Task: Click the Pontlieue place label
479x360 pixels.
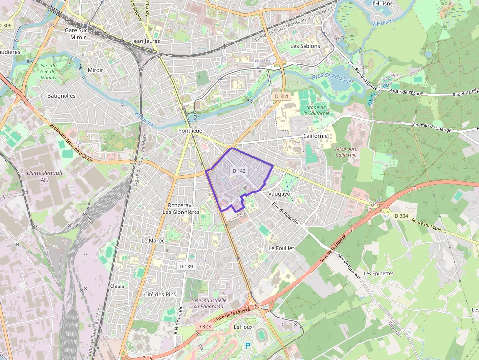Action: click(x=190, y=131)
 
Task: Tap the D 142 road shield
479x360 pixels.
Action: click(x=239, y=171)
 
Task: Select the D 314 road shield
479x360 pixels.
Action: click(x=282, y=96)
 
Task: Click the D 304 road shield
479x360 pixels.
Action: click(x=400, y=216)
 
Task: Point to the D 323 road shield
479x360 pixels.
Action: click(x=204, y=326)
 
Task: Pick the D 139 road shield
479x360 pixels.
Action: click(x=186, y=266)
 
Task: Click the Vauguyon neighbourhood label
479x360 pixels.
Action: click(x=281, y=194)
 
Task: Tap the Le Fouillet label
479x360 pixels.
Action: click(x=282, y=248)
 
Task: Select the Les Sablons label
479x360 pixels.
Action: click(x=305, y=46)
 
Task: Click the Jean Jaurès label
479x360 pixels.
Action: click(x=146, y=42)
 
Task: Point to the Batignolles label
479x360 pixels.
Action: click(x=62, y=96)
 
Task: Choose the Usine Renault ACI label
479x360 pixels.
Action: click(x=44, y=176)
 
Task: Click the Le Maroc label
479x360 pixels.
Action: click(x=153, y=241)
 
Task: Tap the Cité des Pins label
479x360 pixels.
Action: click(x=160, y=294)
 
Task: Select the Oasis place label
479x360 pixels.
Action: click(x=117, y=286)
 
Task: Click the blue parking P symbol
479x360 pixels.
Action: click(x=247, y=346)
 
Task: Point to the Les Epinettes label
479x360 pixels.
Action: click(x=379, y=273)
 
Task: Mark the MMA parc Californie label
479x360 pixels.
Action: click(x=346, y=151)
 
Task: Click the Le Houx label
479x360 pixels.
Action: click(x=243, y=327)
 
